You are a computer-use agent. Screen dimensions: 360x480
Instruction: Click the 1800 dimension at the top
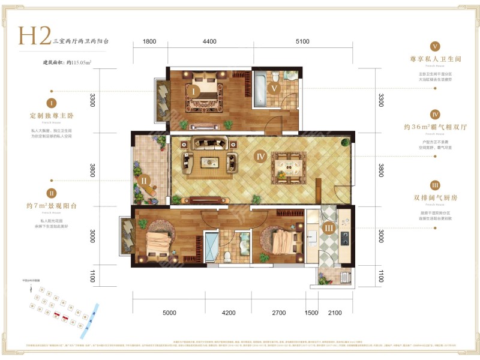pos(150,41)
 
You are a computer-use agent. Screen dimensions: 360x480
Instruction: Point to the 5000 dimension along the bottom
pos(169,313)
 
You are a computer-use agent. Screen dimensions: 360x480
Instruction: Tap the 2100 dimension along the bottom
pos(335,313)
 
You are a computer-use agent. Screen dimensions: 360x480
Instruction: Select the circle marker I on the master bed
pos(196,91)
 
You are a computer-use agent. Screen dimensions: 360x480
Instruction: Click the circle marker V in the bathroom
pos(274,88)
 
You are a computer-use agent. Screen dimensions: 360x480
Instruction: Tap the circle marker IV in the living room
pos(260,157)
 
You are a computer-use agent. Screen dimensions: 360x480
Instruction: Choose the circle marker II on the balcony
pos(145,179)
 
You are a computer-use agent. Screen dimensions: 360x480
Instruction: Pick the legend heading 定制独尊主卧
pos(52,115)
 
